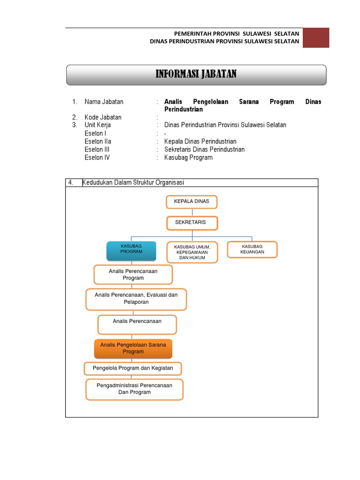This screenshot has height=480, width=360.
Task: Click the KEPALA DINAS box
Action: (x=192, y=202)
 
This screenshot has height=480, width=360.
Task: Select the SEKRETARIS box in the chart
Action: (x=192, y=223)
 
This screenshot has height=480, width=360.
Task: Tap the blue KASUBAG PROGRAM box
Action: (x=131, y=251)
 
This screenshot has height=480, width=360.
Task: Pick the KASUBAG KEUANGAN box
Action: (x=252, y=249)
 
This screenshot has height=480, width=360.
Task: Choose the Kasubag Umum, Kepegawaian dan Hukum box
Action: (x=192, y=252)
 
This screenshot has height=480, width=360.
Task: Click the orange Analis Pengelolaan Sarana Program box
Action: (x=133, y=348)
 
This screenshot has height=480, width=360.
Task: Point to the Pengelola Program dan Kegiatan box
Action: (x=133, y=368)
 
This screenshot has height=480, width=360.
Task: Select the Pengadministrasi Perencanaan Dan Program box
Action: (x=134, y=389)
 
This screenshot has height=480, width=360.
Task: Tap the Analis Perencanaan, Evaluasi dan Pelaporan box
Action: (x=136, y=299)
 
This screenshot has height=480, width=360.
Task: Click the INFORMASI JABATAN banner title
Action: (x=196, y=74)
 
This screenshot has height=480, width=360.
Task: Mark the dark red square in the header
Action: (x=315, y=37)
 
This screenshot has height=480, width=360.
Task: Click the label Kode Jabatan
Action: (x=103, y=117)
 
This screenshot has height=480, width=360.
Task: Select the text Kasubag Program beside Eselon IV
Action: (x=188, y=157)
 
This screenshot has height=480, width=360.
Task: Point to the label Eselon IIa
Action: (x=98, y=141)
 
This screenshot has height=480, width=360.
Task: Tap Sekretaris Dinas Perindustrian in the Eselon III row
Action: (x=204, y=149)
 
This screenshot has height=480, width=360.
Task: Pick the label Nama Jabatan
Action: (x=104, y=102)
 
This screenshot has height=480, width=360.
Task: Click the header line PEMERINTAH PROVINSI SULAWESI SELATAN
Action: (x=236, y=34)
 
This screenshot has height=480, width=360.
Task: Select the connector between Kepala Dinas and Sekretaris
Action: (x=192, y=212)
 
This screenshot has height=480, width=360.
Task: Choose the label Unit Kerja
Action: (x=97, y=125)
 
